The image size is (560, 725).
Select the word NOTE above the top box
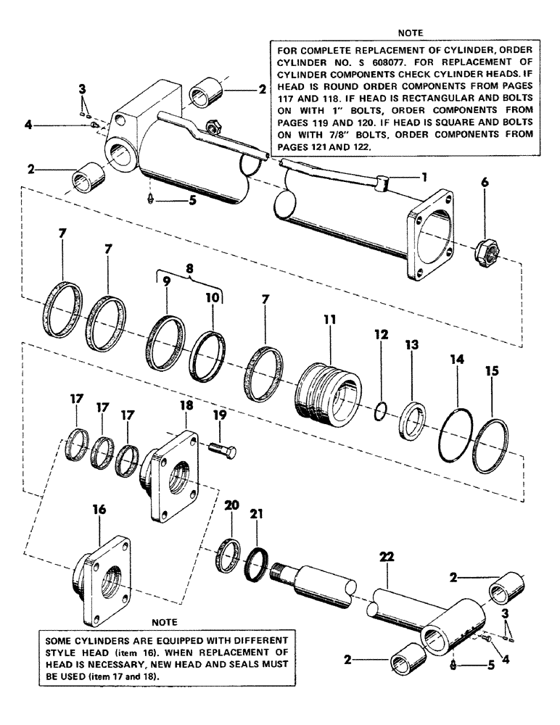[411, 32]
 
